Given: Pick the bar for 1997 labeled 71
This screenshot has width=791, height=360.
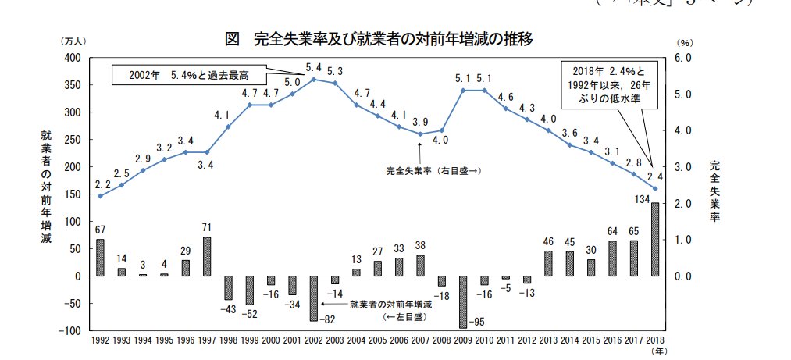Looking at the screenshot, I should click(x=206, y=256).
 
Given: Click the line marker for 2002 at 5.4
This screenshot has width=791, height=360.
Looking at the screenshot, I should click(x=314, y=80).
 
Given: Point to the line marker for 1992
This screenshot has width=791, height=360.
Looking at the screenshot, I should click(x=100, y=196).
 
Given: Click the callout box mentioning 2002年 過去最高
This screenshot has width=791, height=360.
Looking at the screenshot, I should click(x=187, y=75).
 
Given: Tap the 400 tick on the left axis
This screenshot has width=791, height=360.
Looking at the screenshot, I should click(x=73, y=58).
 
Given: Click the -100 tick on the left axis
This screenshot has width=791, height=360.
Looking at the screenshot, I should click(x=71, y=331).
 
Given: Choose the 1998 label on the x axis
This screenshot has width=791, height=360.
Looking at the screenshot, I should click(x=227, y=341).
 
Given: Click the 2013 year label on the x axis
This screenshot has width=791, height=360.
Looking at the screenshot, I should click(x=549, y=341).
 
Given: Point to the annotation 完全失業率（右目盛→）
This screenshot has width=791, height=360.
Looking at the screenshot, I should click(x=433, y=169).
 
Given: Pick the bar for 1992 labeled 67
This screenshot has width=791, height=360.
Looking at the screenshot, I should click(x=100, y=258).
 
